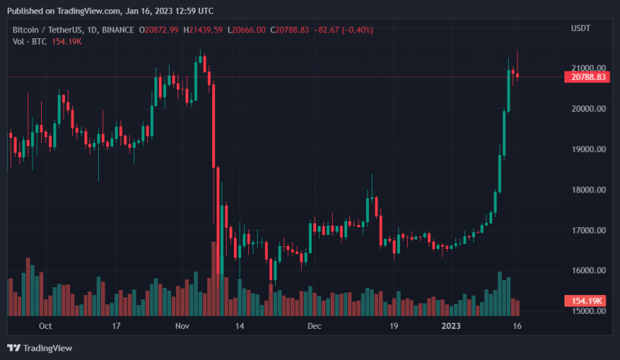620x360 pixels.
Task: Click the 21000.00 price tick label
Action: click(x=586, y=68)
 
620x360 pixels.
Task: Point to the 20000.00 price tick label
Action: click(x=586, y=108)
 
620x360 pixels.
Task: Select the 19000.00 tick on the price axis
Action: click(x=586, y=149)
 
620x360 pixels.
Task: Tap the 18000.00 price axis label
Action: click(x=586, y=190)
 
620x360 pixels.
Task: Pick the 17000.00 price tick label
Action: click(x=586, y=230)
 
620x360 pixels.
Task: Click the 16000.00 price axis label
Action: click(x=586, y=271)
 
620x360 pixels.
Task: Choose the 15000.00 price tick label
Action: click(x=586, y=311)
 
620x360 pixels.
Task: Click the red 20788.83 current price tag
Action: click(x=585, y=77)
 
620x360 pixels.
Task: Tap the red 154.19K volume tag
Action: click(x=585, y=299)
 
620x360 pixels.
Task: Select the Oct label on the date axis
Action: click(x=45, y=326)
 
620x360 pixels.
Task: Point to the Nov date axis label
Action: click(x=181, y=326)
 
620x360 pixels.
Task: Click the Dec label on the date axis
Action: click(x=314, y=326)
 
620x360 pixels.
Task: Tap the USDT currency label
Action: click(x=581, y=29)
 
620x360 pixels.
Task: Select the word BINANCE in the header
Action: click(x=118, y=29)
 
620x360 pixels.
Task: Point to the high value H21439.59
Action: click(x=204, y=29)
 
